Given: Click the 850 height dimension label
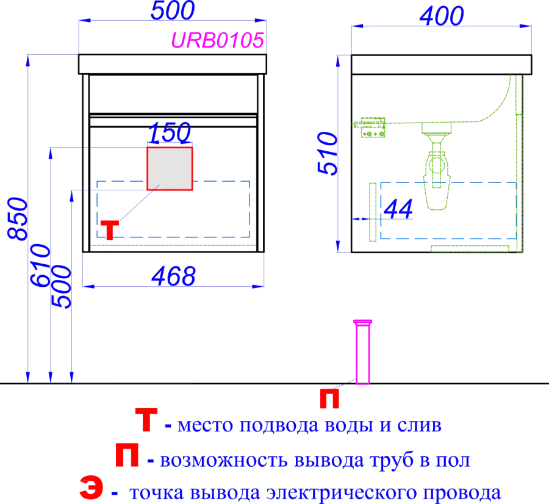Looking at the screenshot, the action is (18, 218).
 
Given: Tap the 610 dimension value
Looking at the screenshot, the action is (40, 265).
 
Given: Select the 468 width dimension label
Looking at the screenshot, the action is (173, 276).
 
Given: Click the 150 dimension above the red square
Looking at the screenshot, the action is (170, 132).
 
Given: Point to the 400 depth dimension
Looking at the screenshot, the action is (442, 16).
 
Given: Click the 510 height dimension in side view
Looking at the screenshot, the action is (328, 153).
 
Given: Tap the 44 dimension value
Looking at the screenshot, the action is (398, 209).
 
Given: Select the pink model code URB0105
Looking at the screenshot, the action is (217, 40).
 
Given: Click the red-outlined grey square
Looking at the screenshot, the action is (170, 169).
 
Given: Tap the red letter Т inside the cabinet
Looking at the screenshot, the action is (110, 230).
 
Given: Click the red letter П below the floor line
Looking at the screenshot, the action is (329, 399).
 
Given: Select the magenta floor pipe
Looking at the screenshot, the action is (363, 352).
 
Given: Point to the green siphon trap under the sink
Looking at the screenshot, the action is (436, 167).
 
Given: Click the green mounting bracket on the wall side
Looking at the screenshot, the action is (370, 127).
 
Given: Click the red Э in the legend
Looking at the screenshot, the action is (91, 488).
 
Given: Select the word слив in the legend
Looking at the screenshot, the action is (420, 425).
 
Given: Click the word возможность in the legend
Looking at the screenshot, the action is (224, 460).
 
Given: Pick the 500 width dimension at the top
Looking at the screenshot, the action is (173, 10).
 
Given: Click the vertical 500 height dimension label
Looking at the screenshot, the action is (61, 287).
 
